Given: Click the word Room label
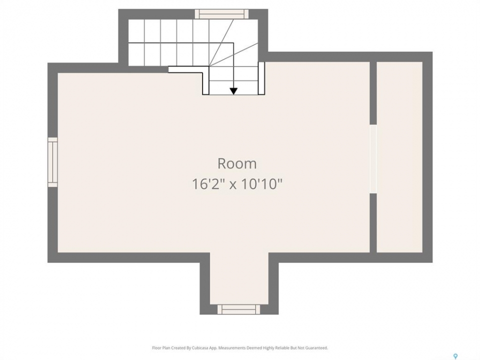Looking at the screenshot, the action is pos(237,164).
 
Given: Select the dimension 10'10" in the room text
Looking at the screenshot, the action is pos(262,184).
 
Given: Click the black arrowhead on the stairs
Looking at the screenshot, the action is pos(233,91).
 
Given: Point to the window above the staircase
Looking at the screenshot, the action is pos(222,14).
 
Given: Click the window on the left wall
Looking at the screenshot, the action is pos(52,162).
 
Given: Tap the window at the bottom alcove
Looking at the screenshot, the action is pos(239,309).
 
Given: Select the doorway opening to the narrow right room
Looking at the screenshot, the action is pos(373,158).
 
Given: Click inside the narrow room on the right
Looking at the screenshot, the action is pos(399,157).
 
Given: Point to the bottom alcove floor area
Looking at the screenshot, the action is pos(239,278).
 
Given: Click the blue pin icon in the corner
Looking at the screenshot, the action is pos(455,355).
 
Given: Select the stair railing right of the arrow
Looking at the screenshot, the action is pos(261,78).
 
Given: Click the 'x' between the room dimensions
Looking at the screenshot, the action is pos(233,185).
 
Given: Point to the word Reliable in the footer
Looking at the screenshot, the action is pos(285,348).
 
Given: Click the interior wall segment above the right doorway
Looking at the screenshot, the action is pos(373,93).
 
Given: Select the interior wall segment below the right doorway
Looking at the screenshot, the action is pos(373,223).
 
